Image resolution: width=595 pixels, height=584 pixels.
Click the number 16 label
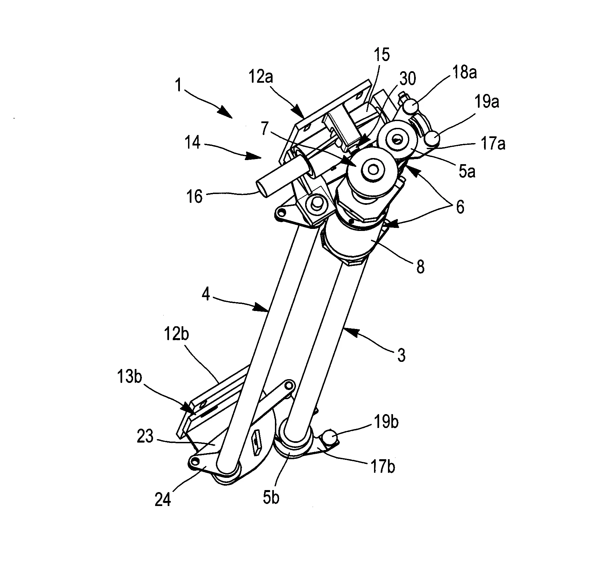[x=195, y=196]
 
